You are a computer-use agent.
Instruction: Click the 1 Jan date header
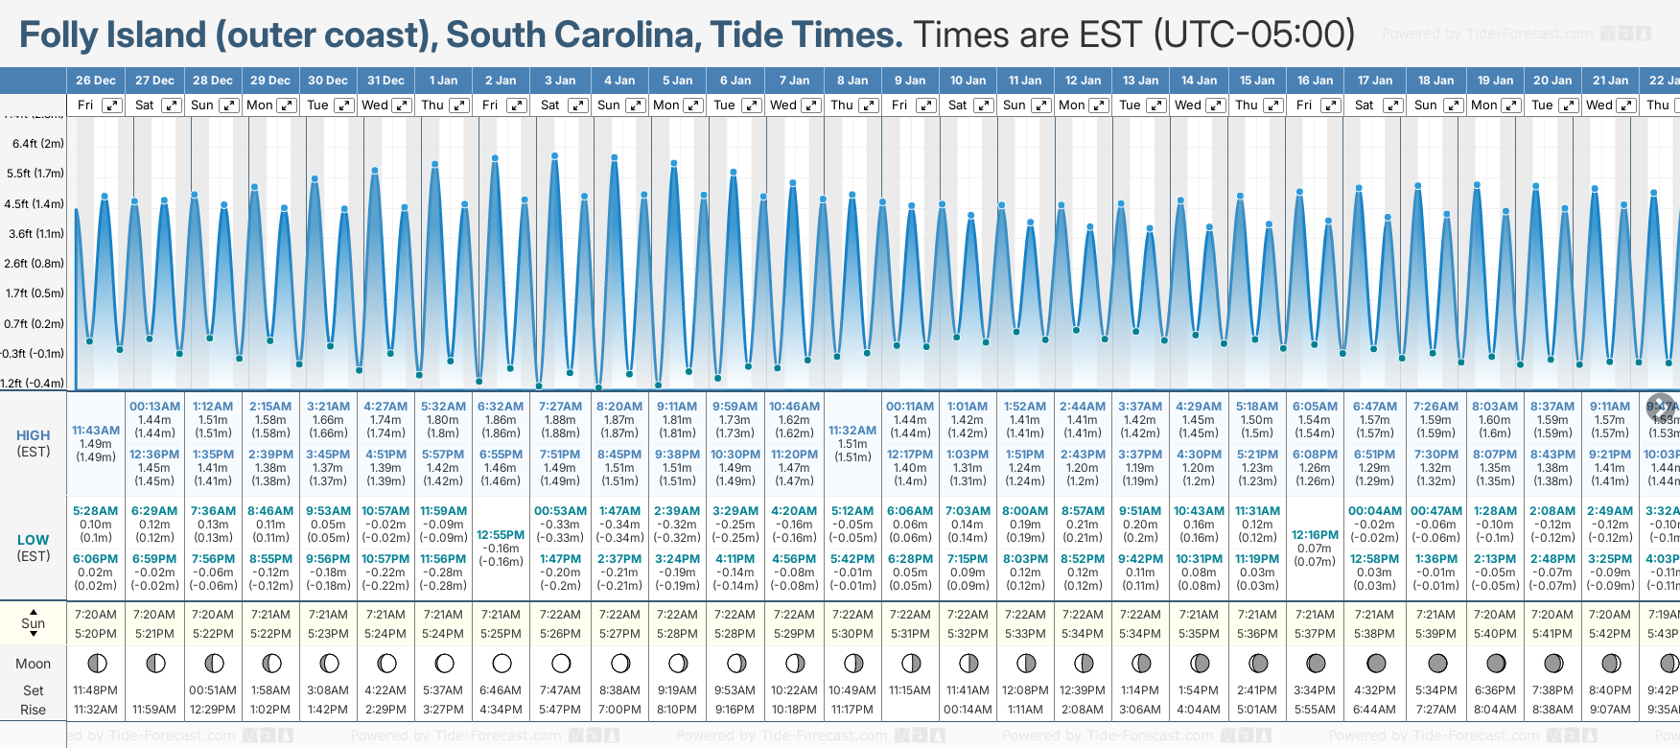coord(443,81)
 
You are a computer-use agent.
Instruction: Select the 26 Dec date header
coord(96,81)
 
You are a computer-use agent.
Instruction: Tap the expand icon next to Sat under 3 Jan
coord(577,105)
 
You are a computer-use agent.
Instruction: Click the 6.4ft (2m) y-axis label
coord(38,144)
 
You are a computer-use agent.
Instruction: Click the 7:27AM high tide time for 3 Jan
coord(560,407)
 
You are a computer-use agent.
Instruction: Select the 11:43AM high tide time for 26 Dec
coord(96,431)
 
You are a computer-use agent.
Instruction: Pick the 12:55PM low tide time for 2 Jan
coord(501,535)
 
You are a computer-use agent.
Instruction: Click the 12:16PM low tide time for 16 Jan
coord(1315,535)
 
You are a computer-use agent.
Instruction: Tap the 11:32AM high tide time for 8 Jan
coord(852,431)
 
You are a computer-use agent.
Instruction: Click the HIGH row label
coord(34,435)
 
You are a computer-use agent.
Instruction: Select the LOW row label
coord(34,540)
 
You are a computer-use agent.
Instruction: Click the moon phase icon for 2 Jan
coord(502,663)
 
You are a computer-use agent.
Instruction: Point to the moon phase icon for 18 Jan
coord(1437,663)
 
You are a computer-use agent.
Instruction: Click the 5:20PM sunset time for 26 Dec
coord(96,634)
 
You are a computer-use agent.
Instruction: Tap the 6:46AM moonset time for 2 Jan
coord(501,690)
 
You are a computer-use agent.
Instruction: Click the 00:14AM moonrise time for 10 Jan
coord(968,710)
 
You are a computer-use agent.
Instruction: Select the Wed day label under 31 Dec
coord(375,105)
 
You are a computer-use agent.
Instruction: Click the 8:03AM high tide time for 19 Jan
coord(1495,407)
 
